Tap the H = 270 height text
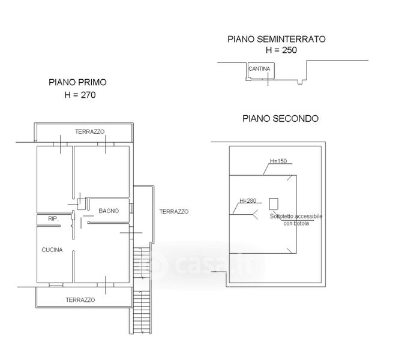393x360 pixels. (x=80, y=95)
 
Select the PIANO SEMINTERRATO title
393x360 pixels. (x=277, y=40)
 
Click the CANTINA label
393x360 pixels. (x=259, y=69)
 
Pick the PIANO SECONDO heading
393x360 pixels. (x=280, y=119)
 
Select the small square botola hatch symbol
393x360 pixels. (x=274, y=203)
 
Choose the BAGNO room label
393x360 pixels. (x=109, y=211)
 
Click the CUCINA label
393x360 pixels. (x=52, y=250)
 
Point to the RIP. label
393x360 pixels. (x=52, y=219)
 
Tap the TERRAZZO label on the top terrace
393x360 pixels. (x=90, y=131)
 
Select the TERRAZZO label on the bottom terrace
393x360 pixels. (x=81, y=299)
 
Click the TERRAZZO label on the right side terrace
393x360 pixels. (x=174, y=211)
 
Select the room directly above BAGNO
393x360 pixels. (x=102, y=173)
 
